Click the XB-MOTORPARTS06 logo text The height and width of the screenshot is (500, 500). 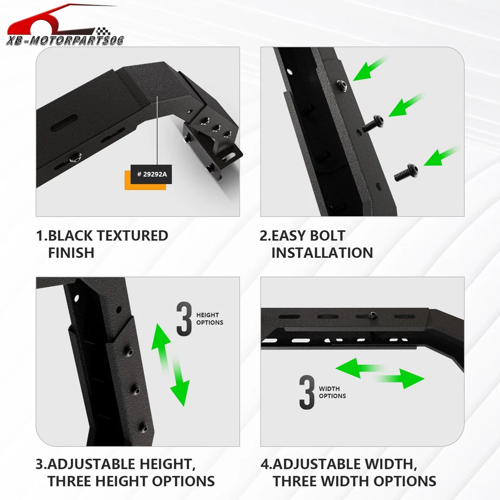[65, 40]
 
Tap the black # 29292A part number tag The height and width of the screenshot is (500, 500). [152, 174]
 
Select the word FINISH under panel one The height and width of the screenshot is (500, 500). [71, 253]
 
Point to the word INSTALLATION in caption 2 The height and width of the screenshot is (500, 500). [322, 253]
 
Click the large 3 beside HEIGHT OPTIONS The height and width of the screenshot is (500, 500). [184, 318]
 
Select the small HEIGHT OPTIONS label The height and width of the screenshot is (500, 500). [209, 319]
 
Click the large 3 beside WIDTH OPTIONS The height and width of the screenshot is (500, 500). [307, 392]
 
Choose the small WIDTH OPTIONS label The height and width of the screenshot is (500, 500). [332, 392]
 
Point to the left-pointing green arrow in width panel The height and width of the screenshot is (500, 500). [358, 368]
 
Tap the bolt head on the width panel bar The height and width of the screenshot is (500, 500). [373, 315]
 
